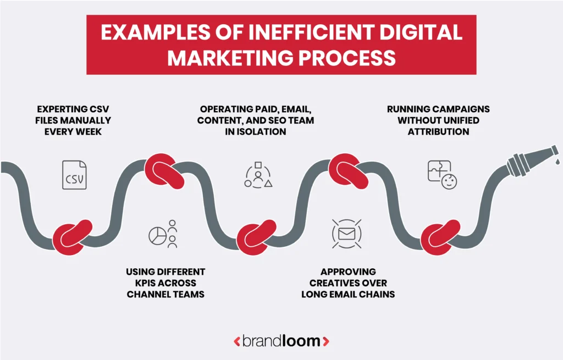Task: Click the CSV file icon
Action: [x=74, y=175]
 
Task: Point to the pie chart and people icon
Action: [x=163, y=234]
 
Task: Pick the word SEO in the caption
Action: [x=284, y=120]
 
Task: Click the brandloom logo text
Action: [x=281, y=341]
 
